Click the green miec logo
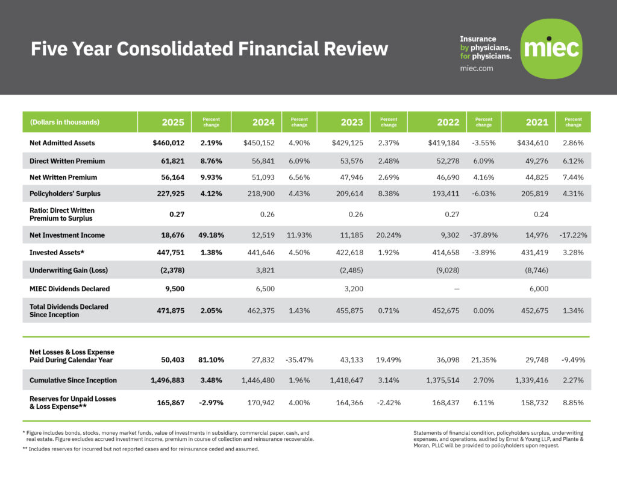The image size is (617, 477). (551, 49)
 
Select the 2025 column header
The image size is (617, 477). (173, 122)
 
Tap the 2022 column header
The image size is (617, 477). (448, 122)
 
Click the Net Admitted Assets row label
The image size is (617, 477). (62, 144)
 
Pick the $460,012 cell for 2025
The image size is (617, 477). (168, 144)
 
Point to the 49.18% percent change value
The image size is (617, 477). (211, 235)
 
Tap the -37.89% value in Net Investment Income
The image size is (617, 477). (483, 235)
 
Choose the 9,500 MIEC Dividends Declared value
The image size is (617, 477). (174, 289)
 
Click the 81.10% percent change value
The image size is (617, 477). (211, 359)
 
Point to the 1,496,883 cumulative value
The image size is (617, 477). (167, 381)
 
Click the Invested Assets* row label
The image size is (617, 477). (55, 253)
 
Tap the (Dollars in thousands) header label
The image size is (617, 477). (64, 122)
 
